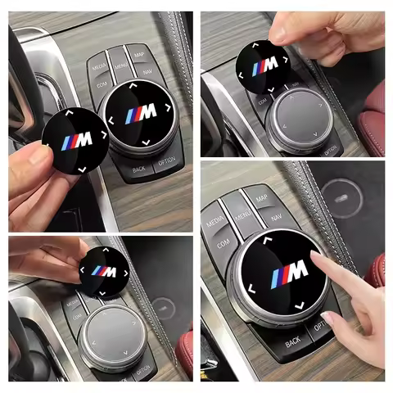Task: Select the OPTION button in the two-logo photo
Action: tap(168, 161)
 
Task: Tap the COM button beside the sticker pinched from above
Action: tap(264, 102)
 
